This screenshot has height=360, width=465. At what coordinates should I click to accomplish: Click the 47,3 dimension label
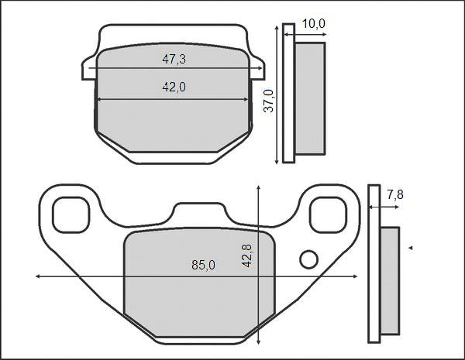coord(174,59)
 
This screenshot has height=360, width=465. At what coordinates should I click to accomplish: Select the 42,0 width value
coord(174,87)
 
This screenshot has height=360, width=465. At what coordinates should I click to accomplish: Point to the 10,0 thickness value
coord(313,24)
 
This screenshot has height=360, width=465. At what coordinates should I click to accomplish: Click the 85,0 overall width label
coord(203,266)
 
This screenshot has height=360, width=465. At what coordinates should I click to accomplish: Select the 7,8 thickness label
coord(394,195)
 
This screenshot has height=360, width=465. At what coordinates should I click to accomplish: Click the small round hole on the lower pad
coord(309,259)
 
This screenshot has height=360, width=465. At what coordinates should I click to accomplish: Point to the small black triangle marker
coord(410,248)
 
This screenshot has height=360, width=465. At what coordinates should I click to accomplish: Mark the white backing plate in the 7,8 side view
coord(374,263)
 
